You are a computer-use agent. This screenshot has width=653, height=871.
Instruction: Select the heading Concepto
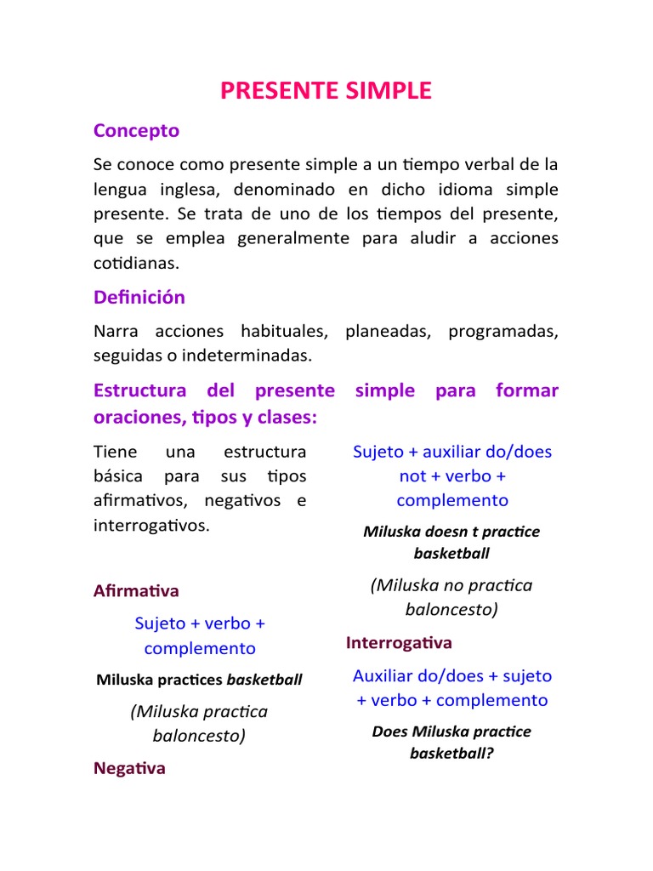pyautogui.click(x=136, y=130)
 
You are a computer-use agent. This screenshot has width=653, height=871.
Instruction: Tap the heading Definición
pyautogui.click(x=139, y=297)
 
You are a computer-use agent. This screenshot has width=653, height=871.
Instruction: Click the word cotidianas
pyautogui.click(x=138, y=263)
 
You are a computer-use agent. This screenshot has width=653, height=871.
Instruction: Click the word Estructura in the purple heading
pyautogui.click(x=139, y=390)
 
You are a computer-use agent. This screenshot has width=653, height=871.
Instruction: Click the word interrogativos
pyautogui.click(x=150, y=525)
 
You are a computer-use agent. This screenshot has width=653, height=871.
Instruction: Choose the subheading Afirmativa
pyautogui.click(x=136, y=590)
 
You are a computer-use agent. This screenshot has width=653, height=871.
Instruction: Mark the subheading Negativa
pyautogui.click(x=129, y=768)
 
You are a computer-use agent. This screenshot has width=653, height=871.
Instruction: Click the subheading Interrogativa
pyautogui.click(x=399, y=642)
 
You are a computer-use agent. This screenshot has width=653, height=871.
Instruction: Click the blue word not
pyautogui.click(x=412, y=475)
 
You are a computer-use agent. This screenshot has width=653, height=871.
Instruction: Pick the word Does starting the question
pyautogui.click(x=389, y=732)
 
